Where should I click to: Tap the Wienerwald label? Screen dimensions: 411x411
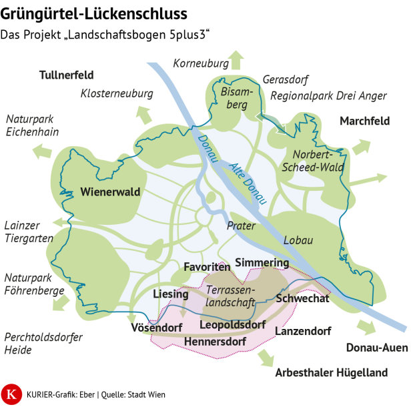[110, 192]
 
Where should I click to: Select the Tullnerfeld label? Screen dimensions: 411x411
[67, 74]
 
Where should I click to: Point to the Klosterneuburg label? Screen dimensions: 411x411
[117, 93]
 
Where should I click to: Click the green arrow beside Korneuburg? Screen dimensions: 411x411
[235, 60]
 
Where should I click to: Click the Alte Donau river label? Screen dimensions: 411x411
[248, 183]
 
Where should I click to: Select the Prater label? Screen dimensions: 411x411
[241, 226]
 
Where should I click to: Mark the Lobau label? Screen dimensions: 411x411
[298, 240]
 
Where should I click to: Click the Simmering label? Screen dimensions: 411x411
[262, 262]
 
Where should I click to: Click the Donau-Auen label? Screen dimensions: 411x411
[376, 347]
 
